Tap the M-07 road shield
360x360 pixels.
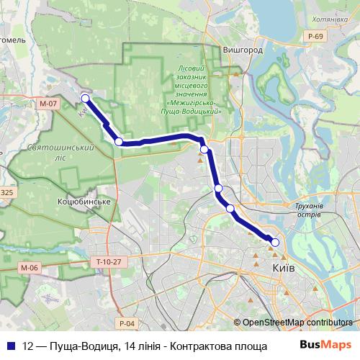click(48, 104)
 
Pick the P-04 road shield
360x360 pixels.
click(127, 323)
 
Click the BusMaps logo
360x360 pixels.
click(325, 345)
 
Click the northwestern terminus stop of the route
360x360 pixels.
click(85, 99)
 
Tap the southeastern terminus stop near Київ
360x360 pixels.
click(274, 243)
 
